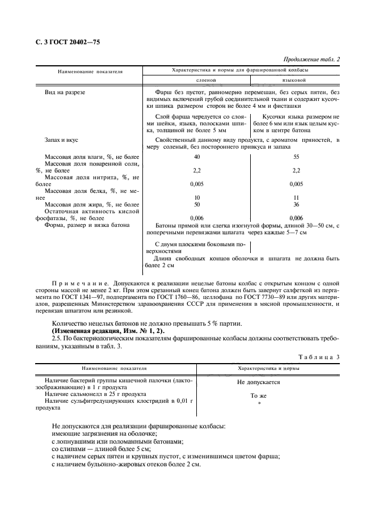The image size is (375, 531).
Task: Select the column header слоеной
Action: (196, 80)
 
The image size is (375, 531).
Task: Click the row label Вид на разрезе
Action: (65, 92)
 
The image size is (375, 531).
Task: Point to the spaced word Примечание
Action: (78, 282)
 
